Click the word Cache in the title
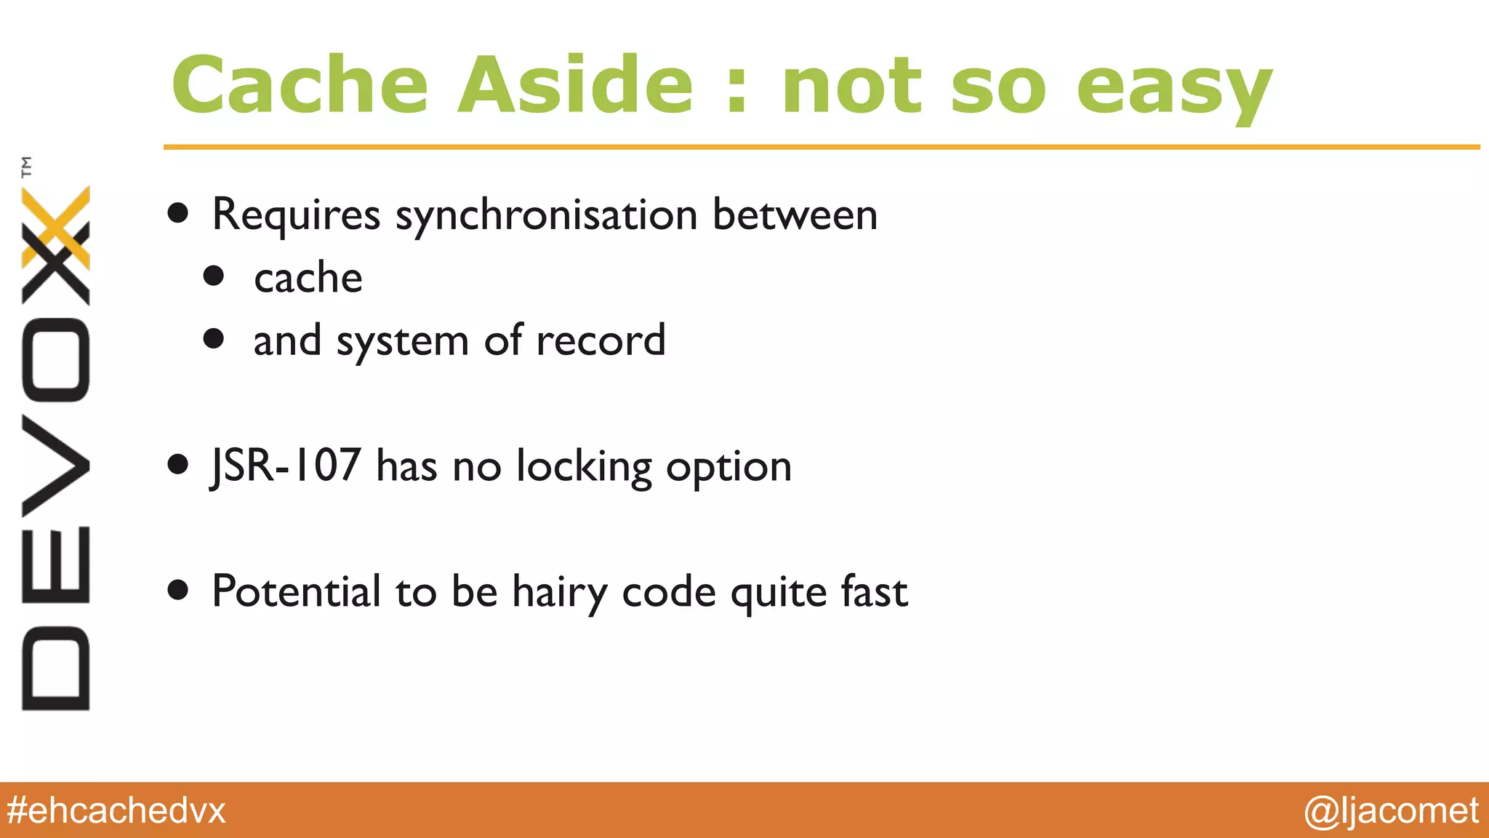(300, 85)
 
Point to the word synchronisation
(546, 216)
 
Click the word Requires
(296, 216)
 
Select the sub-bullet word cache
(308, 278)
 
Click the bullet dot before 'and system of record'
(214, 339)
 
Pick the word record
(601, 340)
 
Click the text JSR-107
(286, 466)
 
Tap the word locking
(584, 467)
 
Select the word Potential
(296, 591)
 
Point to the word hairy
(559, 593)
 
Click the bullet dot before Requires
(178, 214)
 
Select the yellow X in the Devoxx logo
(57, 227)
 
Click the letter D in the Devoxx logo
(55, 668)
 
